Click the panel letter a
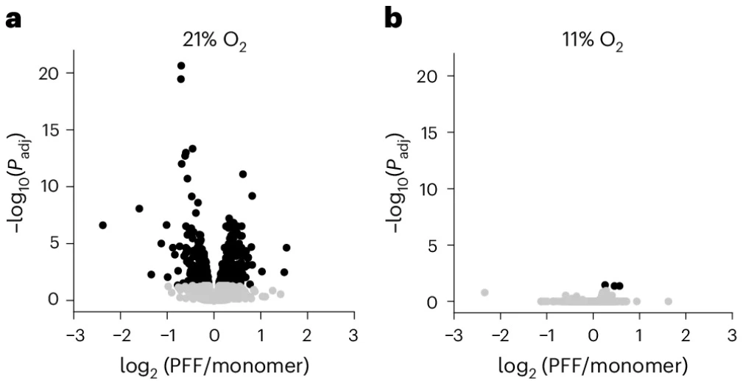pos(14,20)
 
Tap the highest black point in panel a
pos(181,66)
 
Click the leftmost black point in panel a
pos(103,225)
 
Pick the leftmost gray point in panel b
pos(485,293)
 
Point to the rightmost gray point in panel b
pos(669,301)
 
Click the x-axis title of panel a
pos(214,363)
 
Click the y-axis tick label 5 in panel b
pos(439,245)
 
